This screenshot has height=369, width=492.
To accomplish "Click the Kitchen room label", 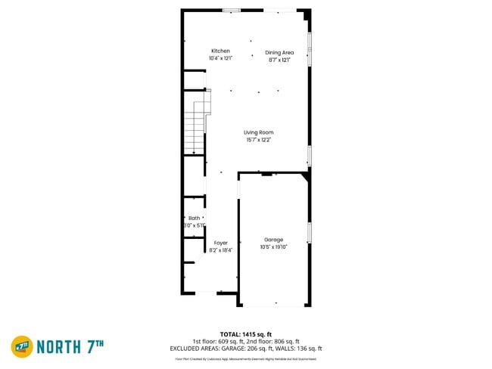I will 220,51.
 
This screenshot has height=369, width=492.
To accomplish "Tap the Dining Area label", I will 279,52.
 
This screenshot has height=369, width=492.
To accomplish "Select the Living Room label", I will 258,132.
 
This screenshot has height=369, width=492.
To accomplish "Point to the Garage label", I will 273,240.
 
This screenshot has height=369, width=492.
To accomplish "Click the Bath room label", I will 195,218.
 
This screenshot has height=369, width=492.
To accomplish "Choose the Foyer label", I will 220,243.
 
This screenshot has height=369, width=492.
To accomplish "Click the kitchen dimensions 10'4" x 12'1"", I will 220,58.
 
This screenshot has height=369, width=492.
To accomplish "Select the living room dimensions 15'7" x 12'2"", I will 258,139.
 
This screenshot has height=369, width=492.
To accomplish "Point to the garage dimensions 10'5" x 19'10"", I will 273,247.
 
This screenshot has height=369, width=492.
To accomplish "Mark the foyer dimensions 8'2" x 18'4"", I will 220,250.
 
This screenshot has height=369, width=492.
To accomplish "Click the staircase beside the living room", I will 196,125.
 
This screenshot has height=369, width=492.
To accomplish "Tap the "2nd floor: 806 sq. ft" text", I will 276,341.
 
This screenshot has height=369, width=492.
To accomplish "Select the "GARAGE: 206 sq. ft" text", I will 263,349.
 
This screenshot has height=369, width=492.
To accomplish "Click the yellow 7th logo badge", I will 22,347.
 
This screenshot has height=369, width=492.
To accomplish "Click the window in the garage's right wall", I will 310,232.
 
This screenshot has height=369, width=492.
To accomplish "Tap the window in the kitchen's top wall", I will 232,10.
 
